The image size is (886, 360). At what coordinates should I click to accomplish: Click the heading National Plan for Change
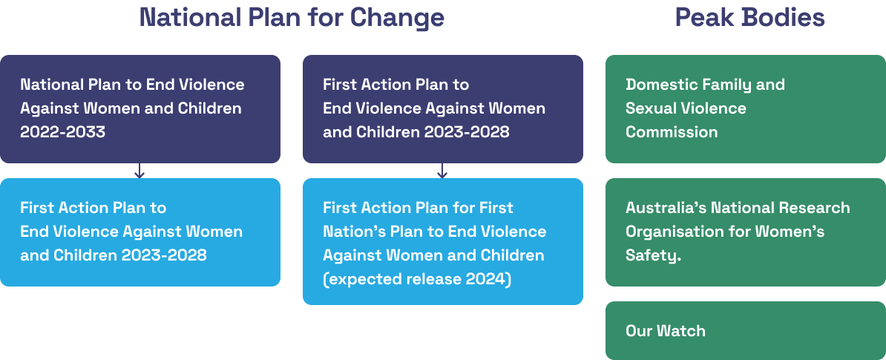click(x=292, y=18)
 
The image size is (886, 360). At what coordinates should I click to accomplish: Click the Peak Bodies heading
click(x=749, y=18)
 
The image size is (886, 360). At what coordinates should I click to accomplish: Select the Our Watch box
click(x=745, y=330)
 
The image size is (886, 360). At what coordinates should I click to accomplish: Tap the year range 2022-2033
click(x=63, y=131)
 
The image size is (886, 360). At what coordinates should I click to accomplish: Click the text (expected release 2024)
click(x=417, y=279)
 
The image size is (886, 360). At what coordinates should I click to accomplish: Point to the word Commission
click(x=672, y=131)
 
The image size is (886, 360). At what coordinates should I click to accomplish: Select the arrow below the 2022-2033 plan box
click(x=140, y=171)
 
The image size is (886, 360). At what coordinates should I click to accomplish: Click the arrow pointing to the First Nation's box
click(x=442, y=171)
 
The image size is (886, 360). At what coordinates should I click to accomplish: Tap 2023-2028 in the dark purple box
click(x=467, y=131)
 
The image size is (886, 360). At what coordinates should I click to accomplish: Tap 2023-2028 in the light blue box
click(x=164, y=255)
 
